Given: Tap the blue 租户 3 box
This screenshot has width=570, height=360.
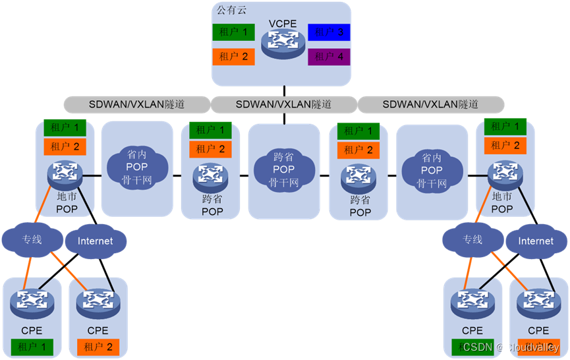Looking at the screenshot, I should pyautogui.click(x=329, y=31).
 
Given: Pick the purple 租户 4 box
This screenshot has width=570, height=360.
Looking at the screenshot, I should pyautogui.click(x=329, y=57).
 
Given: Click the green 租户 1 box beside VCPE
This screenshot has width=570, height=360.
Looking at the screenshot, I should pyautogui.click(x=234, y=31).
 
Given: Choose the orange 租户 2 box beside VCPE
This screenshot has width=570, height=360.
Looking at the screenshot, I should pyautogui.click(x=234, y=57).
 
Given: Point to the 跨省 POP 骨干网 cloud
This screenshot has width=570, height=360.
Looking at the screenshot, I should pyautogui.click(x=284, y=169).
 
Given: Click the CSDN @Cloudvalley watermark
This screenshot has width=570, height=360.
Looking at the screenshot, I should pyautogui.click(x=511, y=347).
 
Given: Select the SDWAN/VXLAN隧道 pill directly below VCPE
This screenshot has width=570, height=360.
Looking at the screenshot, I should pyautogui.click(x=283, y=104).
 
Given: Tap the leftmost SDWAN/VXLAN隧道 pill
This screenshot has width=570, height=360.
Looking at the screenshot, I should pyautogui.click(x=136, y=104).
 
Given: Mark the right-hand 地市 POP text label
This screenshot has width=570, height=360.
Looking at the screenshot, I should pyautogui.click(x=502, y=202).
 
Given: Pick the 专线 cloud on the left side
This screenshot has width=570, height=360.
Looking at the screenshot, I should pyautogui.click(x=32, y=239).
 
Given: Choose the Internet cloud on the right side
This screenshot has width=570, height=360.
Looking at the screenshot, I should pyautogui.click(x=536, y=241).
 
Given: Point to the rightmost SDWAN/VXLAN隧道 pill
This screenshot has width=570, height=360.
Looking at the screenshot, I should pyautogui.click(x=430, y=104).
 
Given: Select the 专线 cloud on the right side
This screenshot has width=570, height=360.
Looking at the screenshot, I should pyautogui.click(x=472, y=239).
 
